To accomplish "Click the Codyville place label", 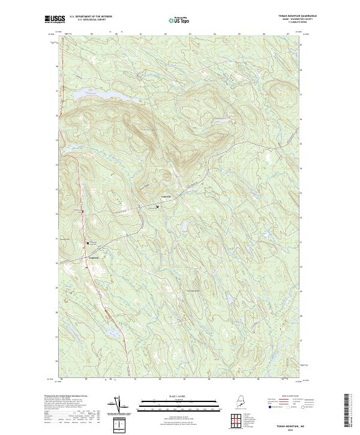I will pyautogui.click(x=166, y=197).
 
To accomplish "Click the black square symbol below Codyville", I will pyautogui.click(x=157, y=207).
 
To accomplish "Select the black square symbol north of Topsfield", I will pyautogui.click(x=88, y=243).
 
